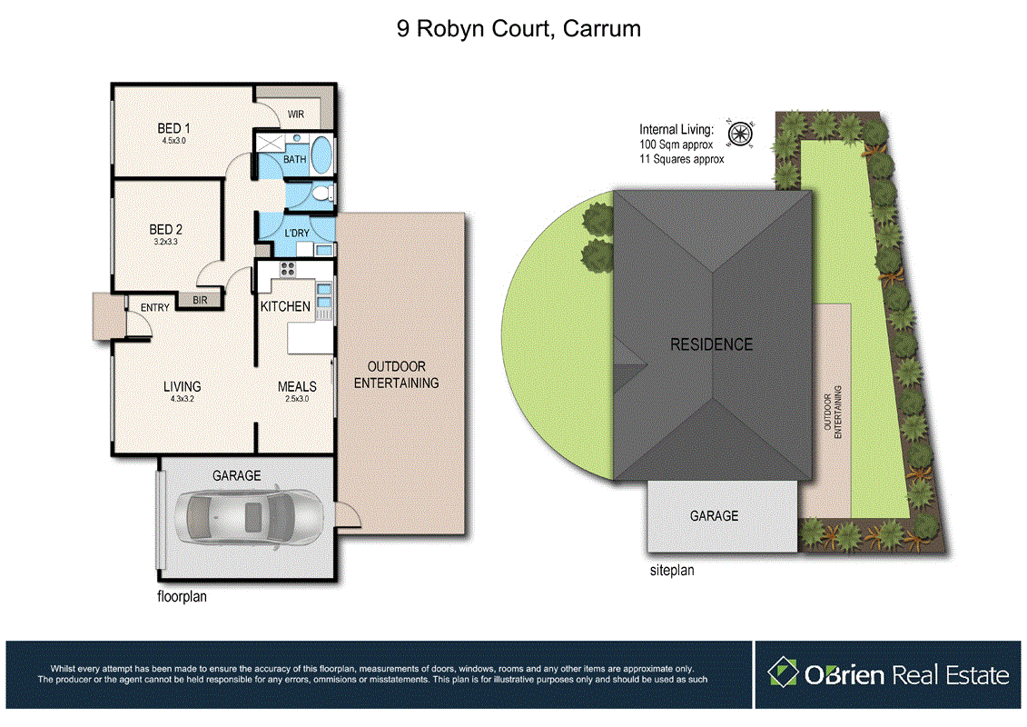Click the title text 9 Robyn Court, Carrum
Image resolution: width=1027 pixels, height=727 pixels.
coord(518,28)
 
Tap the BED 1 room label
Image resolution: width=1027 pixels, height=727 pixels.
coord(173,128)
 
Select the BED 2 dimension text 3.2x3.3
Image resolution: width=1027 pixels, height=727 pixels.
coord(166,243)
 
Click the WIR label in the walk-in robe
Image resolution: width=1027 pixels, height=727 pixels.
coord(295,115)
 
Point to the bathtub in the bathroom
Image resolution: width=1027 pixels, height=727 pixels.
coord(322,153)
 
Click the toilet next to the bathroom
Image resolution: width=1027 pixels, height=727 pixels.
coord(321,193)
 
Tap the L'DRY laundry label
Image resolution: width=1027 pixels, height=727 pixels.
coord(297,234)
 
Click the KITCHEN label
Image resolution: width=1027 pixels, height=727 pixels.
coord(285,306)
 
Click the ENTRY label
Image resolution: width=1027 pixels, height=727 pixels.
coord(154,308)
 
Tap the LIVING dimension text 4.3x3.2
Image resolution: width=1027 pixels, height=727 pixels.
coord(182,398)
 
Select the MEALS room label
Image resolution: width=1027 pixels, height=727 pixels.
coord(297,386)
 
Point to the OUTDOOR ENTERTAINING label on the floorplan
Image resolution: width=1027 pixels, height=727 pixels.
coord(396,375)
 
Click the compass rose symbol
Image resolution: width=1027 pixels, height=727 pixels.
coord(741,134)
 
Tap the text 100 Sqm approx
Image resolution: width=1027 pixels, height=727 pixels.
coord(676,144)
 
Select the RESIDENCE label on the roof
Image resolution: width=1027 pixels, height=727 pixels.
coord(711,344)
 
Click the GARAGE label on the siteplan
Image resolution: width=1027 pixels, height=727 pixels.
coord(714,515)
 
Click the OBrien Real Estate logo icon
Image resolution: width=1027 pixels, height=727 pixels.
coord(782,673)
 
